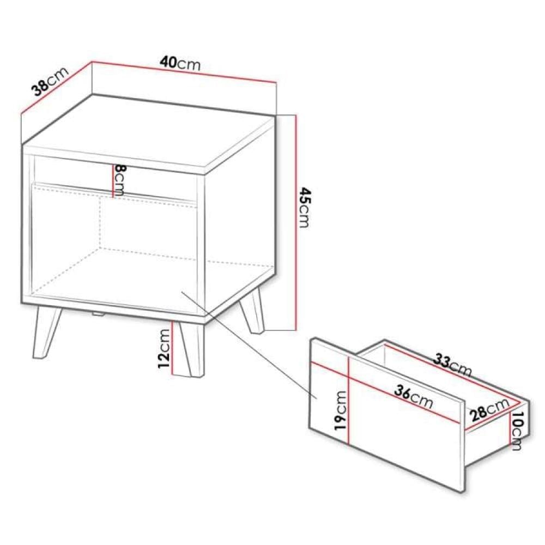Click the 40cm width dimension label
180,64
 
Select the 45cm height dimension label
304,208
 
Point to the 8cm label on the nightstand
120,179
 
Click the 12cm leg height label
163,349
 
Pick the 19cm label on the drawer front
340,410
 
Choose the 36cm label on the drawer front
414,397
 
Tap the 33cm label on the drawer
452,366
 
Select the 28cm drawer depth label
489,409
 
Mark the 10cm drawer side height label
517,431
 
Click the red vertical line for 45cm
295,222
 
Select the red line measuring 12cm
172,348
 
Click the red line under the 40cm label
184,72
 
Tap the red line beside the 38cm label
56,87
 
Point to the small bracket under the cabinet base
98,313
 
